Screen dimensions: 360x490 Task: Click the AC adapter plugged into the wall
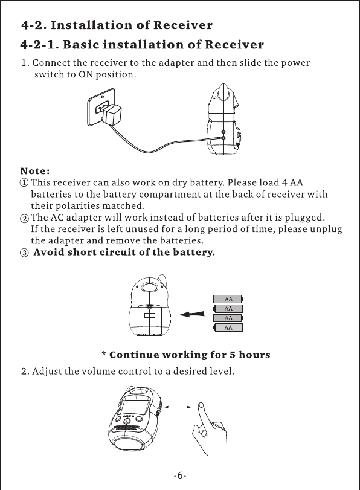[111, 112]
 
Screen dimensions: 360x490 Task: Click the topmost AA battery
[228, 299]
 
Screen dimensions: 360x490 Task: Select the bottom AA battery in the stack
[228, 327]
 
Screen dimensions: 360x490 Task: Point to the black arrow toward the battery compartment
[192, 314]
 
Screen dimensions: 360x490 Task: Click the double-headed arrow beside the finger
[178, 407]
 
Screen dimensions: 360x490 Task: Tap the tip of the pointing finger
[201, 405]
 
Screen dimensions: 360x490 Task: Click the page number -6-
[179, 475]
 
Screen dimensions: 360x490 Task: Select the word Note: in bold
[35, 171]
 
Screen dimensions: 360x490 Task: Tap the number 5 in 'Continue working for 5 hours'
[233, 355]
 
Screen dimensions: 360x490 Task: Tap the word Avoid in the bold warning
[49, 252]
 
